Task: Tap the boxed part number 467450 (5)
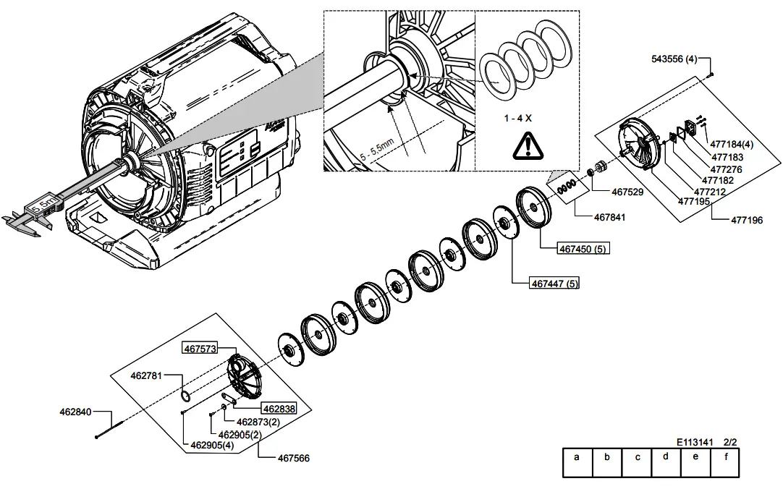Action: click(x=583, y=249)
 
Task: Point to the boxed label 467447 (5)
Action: click(x=555, y=284)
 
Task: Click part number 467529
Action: click(x=627, y=192)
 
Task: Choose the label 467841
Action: click(x=610, y=217)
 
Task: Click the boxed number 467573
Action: click(x=200, y=349)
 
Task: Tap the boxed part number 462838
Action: click(x=279, y=409)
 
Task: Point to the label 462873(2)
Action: click(x=258, y=422)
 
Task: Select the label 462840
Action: click(x=75, y=412)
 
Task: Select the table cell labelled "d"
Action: click(x=665, y=456)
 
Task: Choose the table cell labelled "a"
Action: click(x=577, y=456)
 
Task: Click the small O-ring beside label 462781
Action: click(x=186, y=395)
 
